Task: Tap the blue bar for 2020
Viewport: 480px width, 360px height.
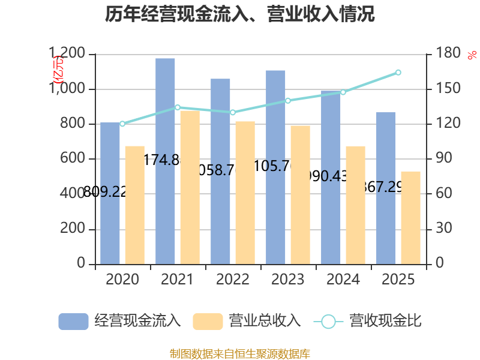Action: point(110,193)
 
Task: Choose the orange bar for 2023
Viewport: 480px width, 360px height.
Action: point(300,194)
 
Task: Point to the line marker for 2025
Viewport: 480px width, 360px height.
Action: point(398,73)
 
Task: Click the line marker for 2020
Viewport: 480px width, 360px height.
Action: point(122,124)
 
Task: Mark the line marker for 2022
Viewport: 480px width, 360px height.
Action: point(233,112)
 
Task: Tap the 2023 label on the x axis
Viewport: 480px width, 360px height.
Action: point(288,280)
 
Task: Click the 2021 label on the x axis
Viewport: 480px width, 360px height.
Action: point(177,280)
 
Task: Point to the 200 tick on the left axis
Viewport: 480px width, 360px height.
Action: point(74,229)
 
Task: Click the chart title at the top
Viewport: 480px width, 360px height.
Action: point(240,14)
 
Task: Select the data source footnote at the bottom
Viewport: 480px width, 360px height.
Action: point(240,353)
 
